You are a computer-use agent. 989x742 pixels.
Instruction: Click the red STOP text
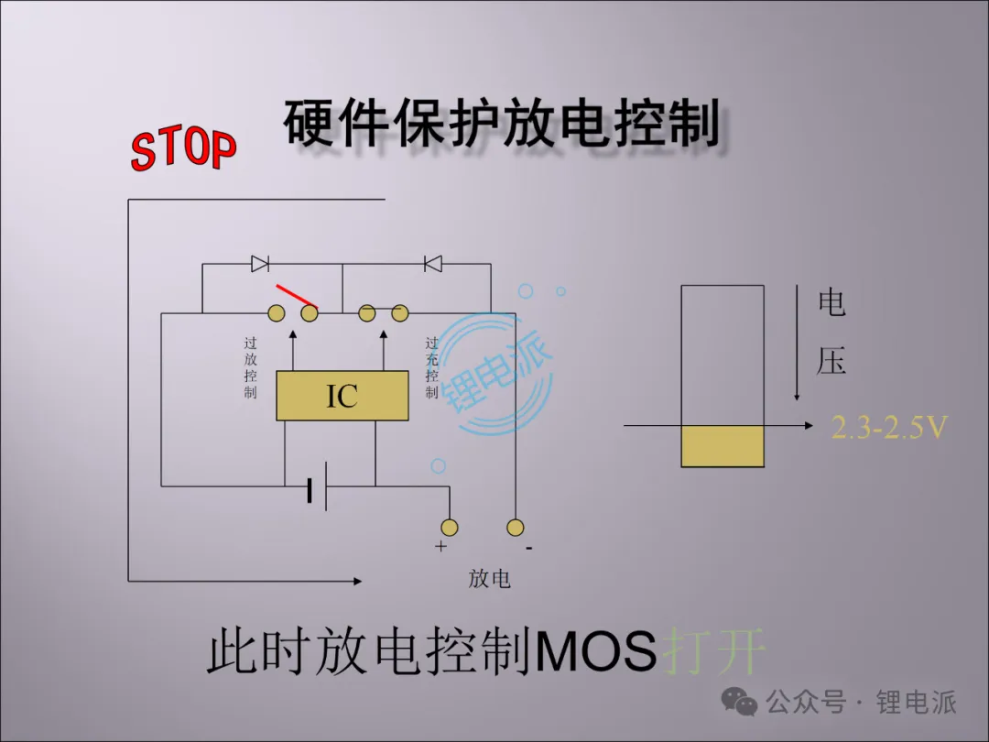tap(183, 149)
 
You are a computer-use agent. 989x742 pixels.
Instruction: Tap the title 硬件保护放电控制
tap(501, 125)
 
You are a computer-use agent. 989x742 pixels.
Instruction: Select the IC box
tap(342, 397)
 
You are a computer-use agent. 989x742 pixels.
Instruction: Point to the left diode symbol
tap(260, 264)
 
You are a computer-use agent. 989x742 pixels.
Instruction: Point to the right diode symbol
tap(433, 264)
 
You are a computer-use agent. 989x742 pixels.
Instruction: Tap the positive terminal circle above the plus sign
tap(449, 527)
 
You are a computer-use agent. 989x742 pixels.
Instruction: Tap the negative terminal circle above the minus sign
tap(516, 527)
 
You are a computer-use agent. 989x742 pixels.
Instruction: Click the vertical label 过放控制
tap(251, 367)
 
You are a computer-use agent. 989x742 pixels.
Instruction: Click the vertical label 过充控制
tap(431, 367)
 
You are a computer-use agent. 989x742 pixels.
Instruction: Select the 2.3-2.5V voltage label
tap(888, 427)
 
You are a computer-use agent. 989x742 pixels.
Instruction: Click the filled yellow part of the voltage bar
tap(723, 447)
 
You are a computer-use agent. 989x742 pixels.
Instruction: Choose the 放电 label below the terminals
tap(490, 579)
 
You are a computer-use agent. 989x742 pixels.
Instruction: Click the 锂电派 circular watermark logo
tap(495, 373)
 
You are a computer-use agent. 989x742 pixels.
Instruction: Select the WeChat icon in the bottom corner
tap(739, 704)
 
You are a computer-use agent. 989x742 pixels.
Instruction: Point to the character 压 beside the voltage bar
tap(831, 360)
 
